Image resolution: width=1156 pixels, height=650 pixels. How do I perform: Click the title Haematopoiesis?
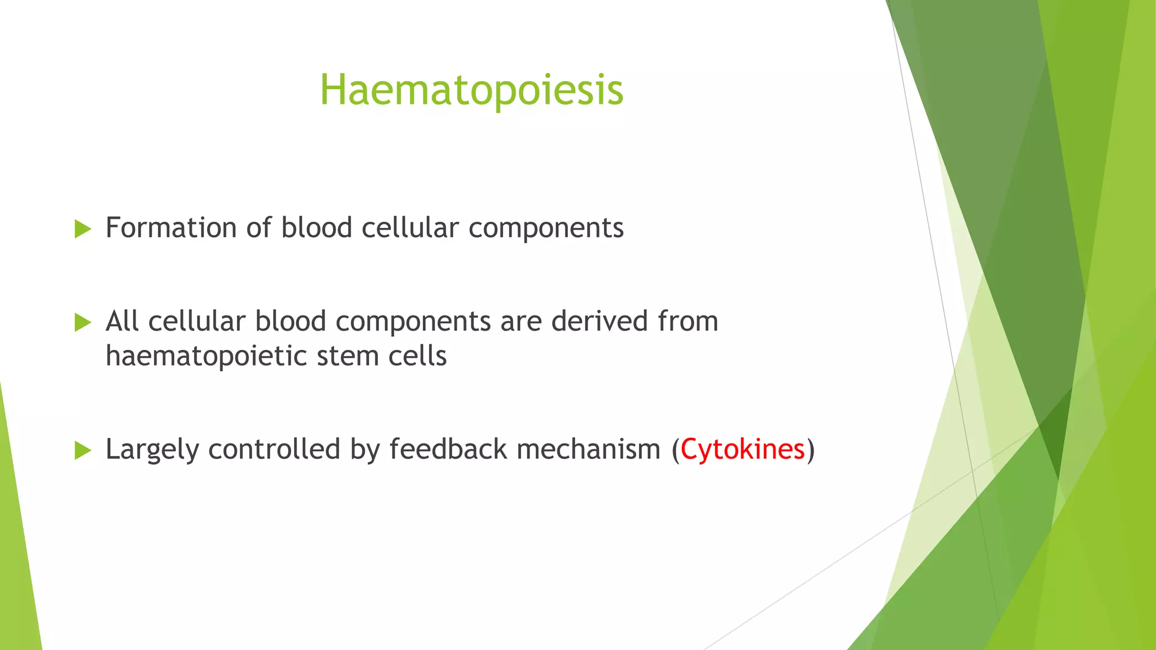pyautogui.click(x=471, y=90)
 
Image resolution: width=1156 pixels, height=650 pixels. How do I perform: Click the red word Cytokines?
pyautogui.click(x=742, y=450)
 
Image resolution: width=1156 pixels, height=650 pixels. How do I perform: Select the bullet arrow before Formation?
pyautogui.click(x=82, y=229)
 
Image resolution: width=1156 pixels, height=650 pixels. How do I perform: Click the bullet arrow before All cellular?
pyautogui.click(x=82, y=323)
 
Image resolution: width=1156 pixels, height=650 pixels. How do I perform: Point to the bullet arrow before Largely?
pyautogui.click(x=82, y=450)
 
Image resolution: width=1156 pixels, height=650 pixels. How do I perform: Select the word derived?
pyautogui.click(x=599, y=322)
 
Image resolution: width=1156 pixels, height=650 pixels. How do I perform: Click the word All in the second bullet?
pyautogui.click(x=122, y=322)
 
